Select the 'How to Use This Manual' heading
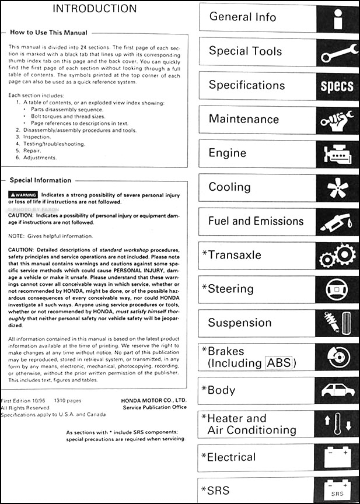pyautogui.click(x=48, y=33)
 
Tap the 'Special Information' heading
pyautogui.click(x=40, y=180)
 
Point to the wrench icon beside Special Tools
pyautogui.click(x=337, y=52)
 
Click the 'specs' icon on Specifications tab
pyautogui.click(x=337, y=86)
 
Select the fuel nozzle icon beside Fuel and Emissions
pyautogui.click(x=337, y=223)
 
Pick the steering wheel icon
pyautogui.click(x=337, y=290)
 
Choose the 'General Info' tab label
pyautogui.click(x=243, y=17)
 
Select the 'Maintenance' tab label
pyautogui.click(x=244, y=119)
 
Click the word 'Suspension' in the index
pyautogui.click(x=240, y=323)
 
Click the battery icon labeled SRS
pyautogui.click(x=337, y=490)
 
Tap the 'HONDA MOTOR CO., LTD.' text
pyautogui.click(x=154, y=400)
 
